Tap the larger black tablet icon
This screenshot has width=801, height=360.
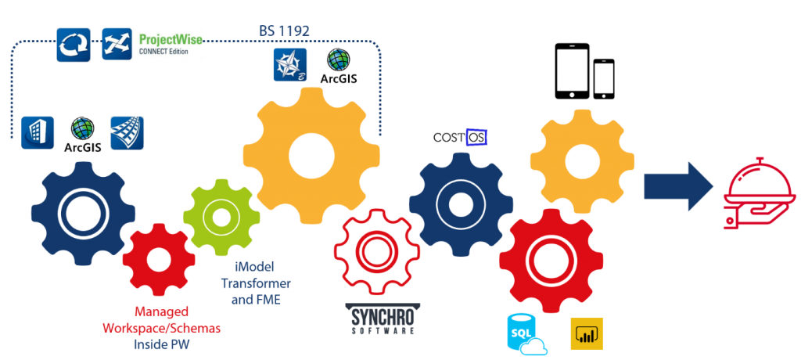tap(571, 71)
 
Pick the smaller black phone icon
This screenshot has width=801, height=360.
tap(605, 79)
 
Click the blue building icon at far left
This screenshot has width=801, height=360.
tap(38, 131)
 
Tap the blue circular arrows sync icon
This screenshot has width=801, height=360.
tap(74, 45)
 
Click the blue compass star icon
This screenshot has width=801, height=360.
tap(289, 65)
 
